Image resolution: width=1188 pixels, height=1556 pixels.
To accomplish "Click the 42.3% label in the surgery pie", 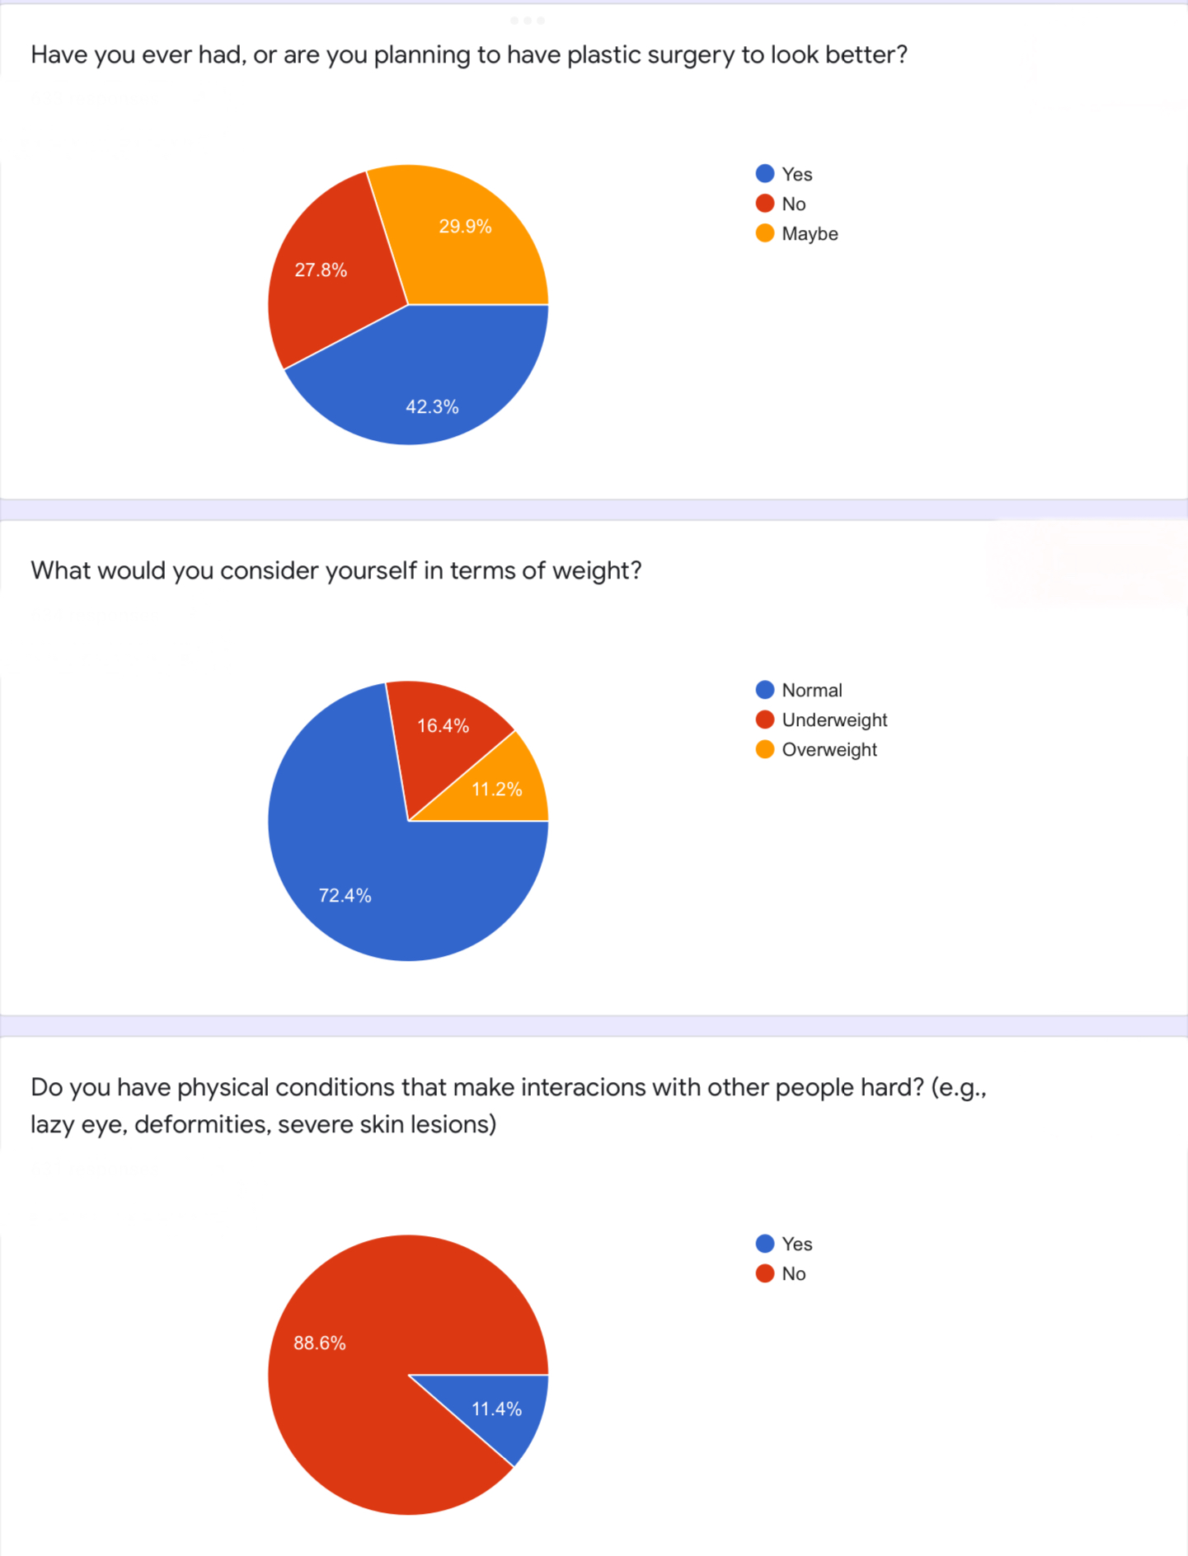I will coord(432,406).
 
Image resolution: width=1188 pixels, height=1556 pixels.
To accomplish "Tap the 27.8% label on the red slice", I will coord(321,270).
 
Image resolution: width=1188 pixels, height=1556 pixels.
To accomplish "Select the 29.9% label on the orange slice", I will coord(465,227).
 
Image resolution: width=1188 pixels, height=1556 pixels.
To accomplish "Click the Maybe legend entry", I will coord(810,234).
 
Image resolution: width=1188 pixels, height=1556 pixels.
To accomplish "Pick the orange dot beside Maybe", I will coord(765,233).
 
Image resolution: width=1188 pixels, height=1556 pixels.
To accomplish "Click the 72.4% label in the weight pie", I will coord(345,895).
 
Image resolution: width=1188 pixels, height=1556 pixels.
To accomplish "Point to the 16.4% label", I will coord(443,726).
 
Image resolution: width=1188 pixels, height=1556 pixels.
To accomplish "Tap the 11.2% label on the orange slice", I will coord(496,790).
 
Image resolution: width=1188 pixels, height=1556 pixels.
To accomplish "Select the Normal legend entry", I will coord(811,691).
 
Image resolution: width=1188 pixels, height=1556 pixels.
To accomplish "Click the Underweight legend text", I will coord(834,720).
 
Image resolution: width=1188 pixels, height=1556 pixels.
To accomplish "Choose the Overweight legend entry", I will coord(829,750).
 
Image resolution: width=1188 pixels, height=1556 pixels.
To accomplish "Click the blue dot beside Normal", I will coord(765,690).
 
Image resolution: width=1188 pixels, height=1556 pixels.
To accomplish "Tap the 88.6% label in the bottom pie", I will coord(320,1343).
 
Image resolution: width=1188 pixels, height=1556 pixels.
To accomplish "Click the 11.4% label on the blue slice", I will coord(496,1409).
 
